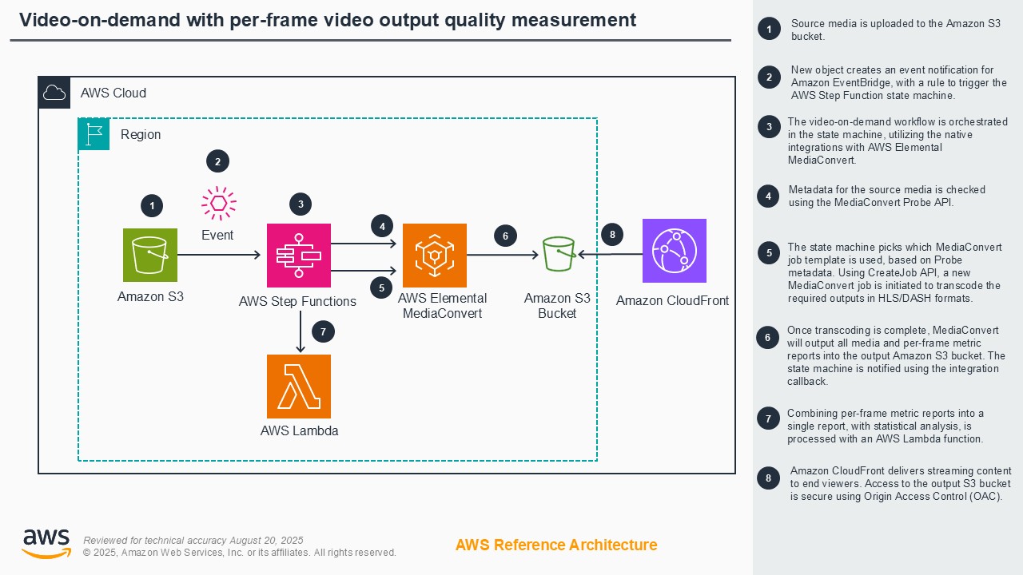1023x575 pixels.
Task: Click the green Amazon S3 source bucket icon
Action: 150,255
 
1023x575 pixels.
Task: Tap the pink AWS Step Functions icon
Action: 298,256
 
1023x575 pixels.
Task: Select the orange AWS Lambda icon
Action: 298,387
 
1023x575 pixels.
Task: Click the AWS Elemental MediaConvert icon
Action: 434,256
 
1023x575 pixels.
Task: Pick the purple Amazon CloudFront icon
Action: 674,251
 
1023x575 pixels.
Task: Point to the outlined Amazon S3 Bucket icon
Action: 558,255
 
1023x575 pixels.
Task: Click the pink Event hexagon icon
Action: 217,204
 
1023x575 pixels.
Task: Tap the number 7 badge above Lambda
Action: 322,331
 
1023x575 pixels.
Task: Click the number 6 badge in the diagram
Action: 505,236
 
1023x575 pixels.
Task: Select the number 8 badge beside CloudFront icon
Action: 612,235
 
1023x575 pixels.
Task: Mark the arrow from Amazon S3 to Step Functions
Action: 220,255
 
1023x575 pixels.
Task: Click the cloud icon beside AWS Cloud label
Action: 54,93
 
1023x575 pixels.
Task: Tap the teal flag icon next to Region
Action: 94,135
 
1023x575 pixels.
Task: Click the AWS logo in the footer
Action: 46,543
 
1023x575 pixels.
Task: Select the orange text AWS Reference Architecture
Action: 556,545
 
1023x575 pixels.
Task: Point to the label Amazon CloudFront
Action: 672,301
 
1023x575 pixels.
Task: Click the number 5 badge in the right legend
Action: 769,253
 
